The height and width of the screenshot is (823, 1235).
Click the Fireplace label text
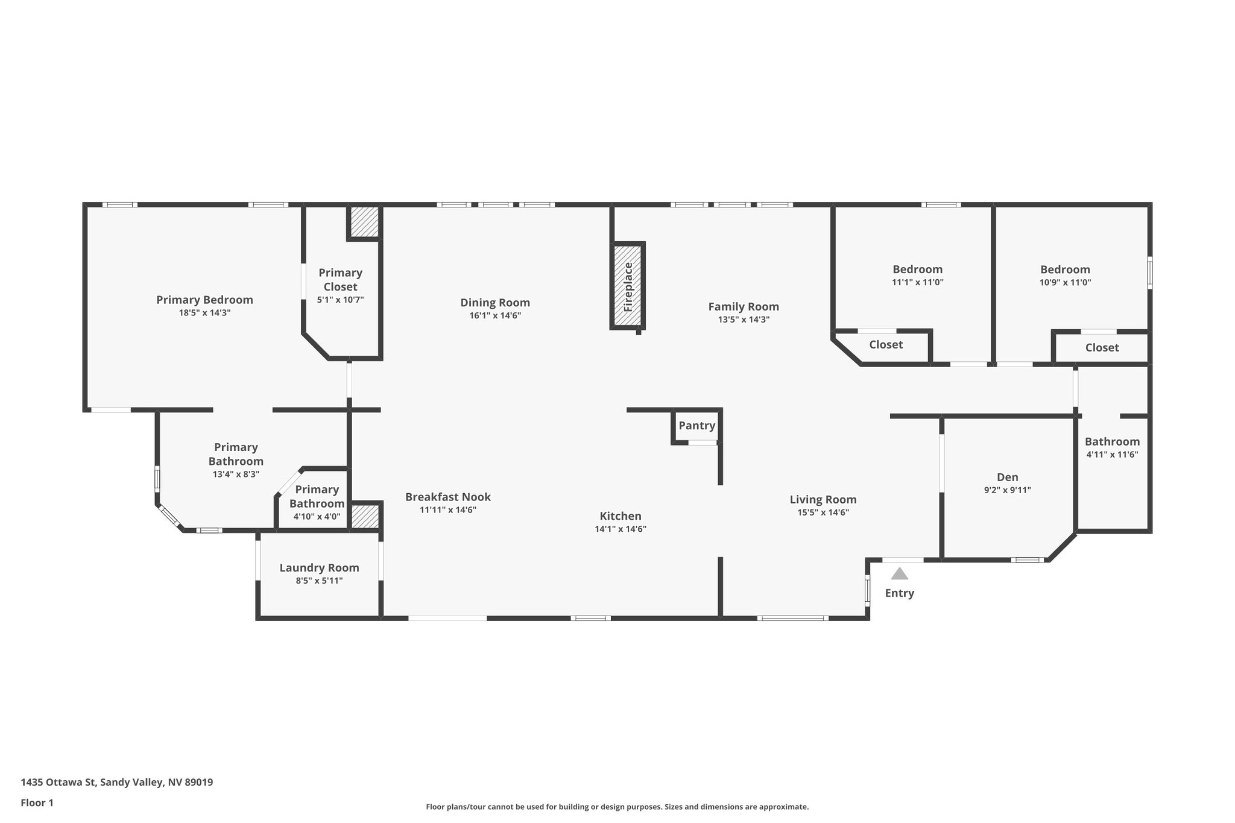pos(628,286)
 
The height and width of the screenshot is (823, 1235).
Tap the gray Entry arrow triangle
pos(899,573)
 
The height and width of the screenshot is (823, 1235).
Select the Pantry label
pos(696,426)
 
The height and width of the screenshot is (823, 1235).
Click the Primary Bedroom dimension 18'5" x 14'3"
pos(204,313)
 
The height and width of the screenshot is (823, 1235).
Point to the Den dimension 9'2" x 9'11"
pos(1007,490)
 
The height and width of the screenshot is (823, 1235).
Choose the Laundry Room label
pos(319,567)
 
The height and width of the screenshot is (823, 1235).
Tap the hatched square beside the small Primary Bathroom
pos(364,517)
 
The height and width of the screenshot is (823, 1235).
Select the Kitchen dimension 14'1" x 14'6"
pos(620,529)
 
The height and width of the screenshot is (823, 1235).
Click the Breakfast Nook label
pos(447,497)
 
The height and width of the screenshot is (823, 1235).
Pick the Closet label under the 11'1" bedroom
pos(885,345)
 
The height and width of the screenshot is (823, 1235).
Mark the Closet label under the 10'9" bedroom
pos(1102,347)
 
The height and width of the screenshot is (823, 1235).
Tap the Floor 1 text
pos(37,803)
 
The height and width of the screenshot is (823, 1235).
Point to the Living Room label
pos(823,499)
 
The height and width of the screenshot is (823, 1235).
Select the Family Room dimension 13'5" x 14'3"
pos(743,320)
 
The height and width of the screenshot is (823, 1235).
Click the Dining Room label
pos(494,303)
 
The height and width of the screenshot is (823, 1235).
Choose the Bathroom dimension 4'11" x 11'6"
pos(1111,455)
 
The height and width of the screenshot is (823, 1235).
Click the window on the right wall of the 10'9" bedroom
pos(1149,273)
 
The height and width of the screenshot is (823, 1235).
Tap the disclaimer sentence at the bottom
pos(617,807)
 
